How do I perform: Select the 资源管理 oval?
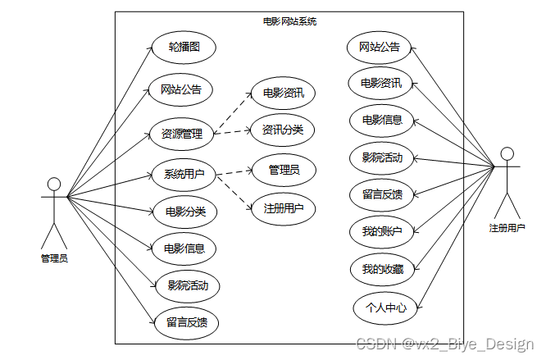tap(181, 133)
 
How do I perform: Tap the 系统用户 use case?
tap(184, 174)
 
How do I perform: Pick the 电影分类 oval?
tap(185, 212)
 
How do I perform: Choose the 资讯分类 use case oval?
tap(282, 130)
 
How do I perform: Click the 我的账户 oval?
tap(382, 231)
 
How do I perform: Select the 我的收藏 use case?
tap(382, 269)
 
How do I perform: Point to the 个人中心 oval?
tap(380, 308)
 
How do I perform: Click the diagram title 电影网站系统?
tap(289, 21)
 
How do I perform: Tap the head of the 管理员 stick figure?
tap(54, 182)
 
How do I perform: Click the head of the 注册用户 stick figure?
tap(507, 153)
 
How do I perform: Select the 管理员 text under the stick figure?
tap(54, 258)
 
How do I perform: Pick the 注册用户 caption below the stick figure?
tap(507, 228)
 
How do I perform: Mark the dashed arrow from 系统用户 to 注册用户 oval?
tap(234, 192)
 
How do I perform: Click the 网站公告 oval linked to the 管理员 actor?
tap(181, 89)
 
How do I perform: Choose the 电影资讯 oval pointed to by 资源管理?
tap(284, 93)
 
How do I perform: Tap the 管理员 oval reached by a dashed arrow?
tap(284, 170)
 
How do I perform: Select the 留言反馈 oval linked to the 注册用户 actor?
tap(382, 194)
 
